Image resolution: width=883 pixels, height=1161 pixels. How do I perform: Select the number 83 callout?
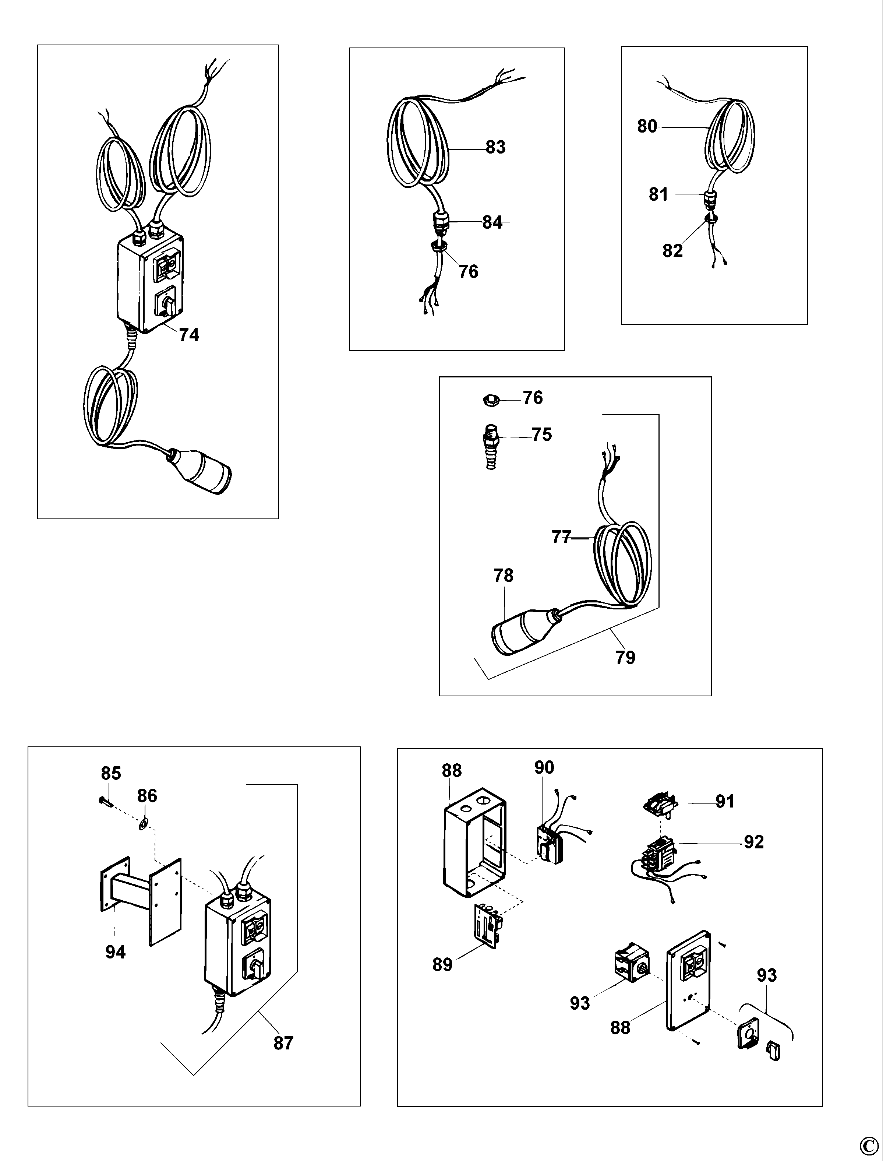(495, 147)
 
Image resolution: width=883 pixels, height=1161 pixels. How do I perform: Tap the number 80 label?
(647, 126)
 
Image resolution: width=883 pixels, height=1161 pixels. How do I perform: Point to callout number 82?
(672, 251)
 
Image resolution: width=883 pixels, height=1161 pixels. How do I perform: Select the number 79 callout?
(625, 657)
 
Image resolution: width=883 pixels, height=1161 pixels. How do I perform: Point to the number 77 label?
(561, 537)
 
